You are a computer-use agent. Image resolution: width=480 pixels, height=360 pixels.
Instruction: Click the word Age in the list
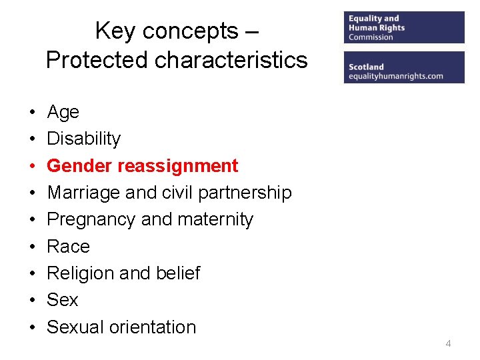click(63, 113)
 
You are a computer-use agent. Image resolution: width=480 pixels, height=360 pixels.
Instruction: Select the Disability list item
click(83, 139)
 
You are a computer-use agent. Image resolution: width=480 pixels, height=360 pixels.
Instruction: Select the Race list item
click(68, 247)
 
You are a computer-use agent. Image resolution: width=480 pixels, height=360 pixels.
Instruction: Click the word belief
click(178, 273)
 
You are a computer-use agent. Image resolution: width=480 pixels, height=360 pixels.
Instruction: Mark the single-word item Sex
click(62, 300)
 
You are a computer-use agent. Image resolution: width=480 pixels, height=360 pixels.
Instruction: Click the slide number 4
click(448, 343)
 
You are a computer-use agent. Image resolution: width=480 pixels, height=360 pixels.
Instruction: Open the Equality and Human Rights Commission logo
click(404, 28)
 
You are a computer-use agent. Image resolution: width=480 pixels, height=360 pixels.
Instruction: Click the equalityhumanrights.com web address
click(395, 76)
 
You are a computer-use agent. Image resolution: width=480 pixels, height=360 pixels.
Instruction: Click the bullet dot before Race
click(31, 247)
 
